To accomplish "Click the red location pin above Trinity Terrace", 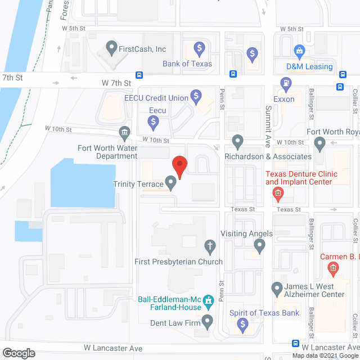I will (x=179, y=166).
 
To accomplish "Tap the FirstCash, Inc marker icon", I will (x=111, y=48).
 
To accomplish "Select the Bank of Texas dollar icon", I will (x=199, y=48).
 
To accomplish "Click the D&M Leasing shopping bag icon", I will (x=300, y=52).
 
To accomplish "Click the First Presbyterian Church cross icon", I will (x=210, y=245).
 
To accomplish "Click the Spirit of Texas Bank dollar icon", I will (x=242, y=324).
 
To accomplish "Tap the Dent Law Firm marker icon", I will (x=208, y=323).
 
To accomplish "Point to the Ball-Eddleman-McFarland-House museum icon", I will (x=209, y=302).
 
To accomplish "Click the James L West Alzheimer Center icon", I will (x=277, y=290).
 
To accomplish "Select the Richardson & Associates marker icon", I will (x=238, y=141).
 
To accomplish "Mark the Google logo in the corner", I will (x=18, y=353).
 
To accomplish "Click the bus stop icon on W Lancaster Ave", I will (x=296, y=344).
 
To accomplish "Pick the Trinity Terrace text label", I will (x=138, y=183).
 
